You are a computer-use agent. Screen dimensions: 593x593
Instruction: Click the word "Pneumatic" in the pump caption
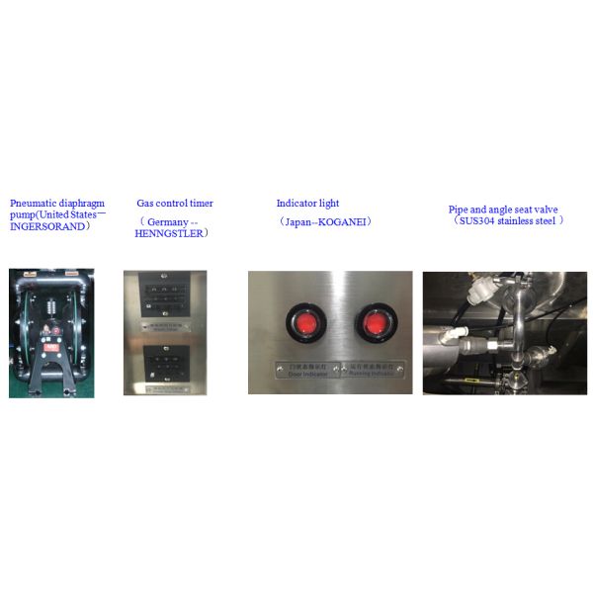pyautogui.click(x=32, y=204)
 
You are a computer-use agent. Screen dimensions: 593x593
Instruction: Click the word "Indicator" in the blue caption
pyautogui.click(x=296, y=204)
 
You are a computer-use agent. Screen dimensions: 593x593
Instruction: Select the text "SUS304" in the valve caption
pyautogui.click(x=474, y=220)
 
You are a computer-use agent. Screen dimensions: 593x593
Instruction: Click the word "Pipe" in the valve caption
pyautogui.click(x=460, y=209)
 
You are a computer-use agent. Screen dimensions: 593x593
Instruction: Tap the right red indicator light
pyautogui.click(x=376, y=324)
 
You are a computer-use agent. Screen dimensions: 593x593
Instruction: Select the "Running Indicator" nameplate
pyautogui.click(x=373, y=368)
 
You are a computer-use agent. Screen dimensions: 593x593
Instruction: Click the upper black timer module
pyautogui.click(x=165, y=296)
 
